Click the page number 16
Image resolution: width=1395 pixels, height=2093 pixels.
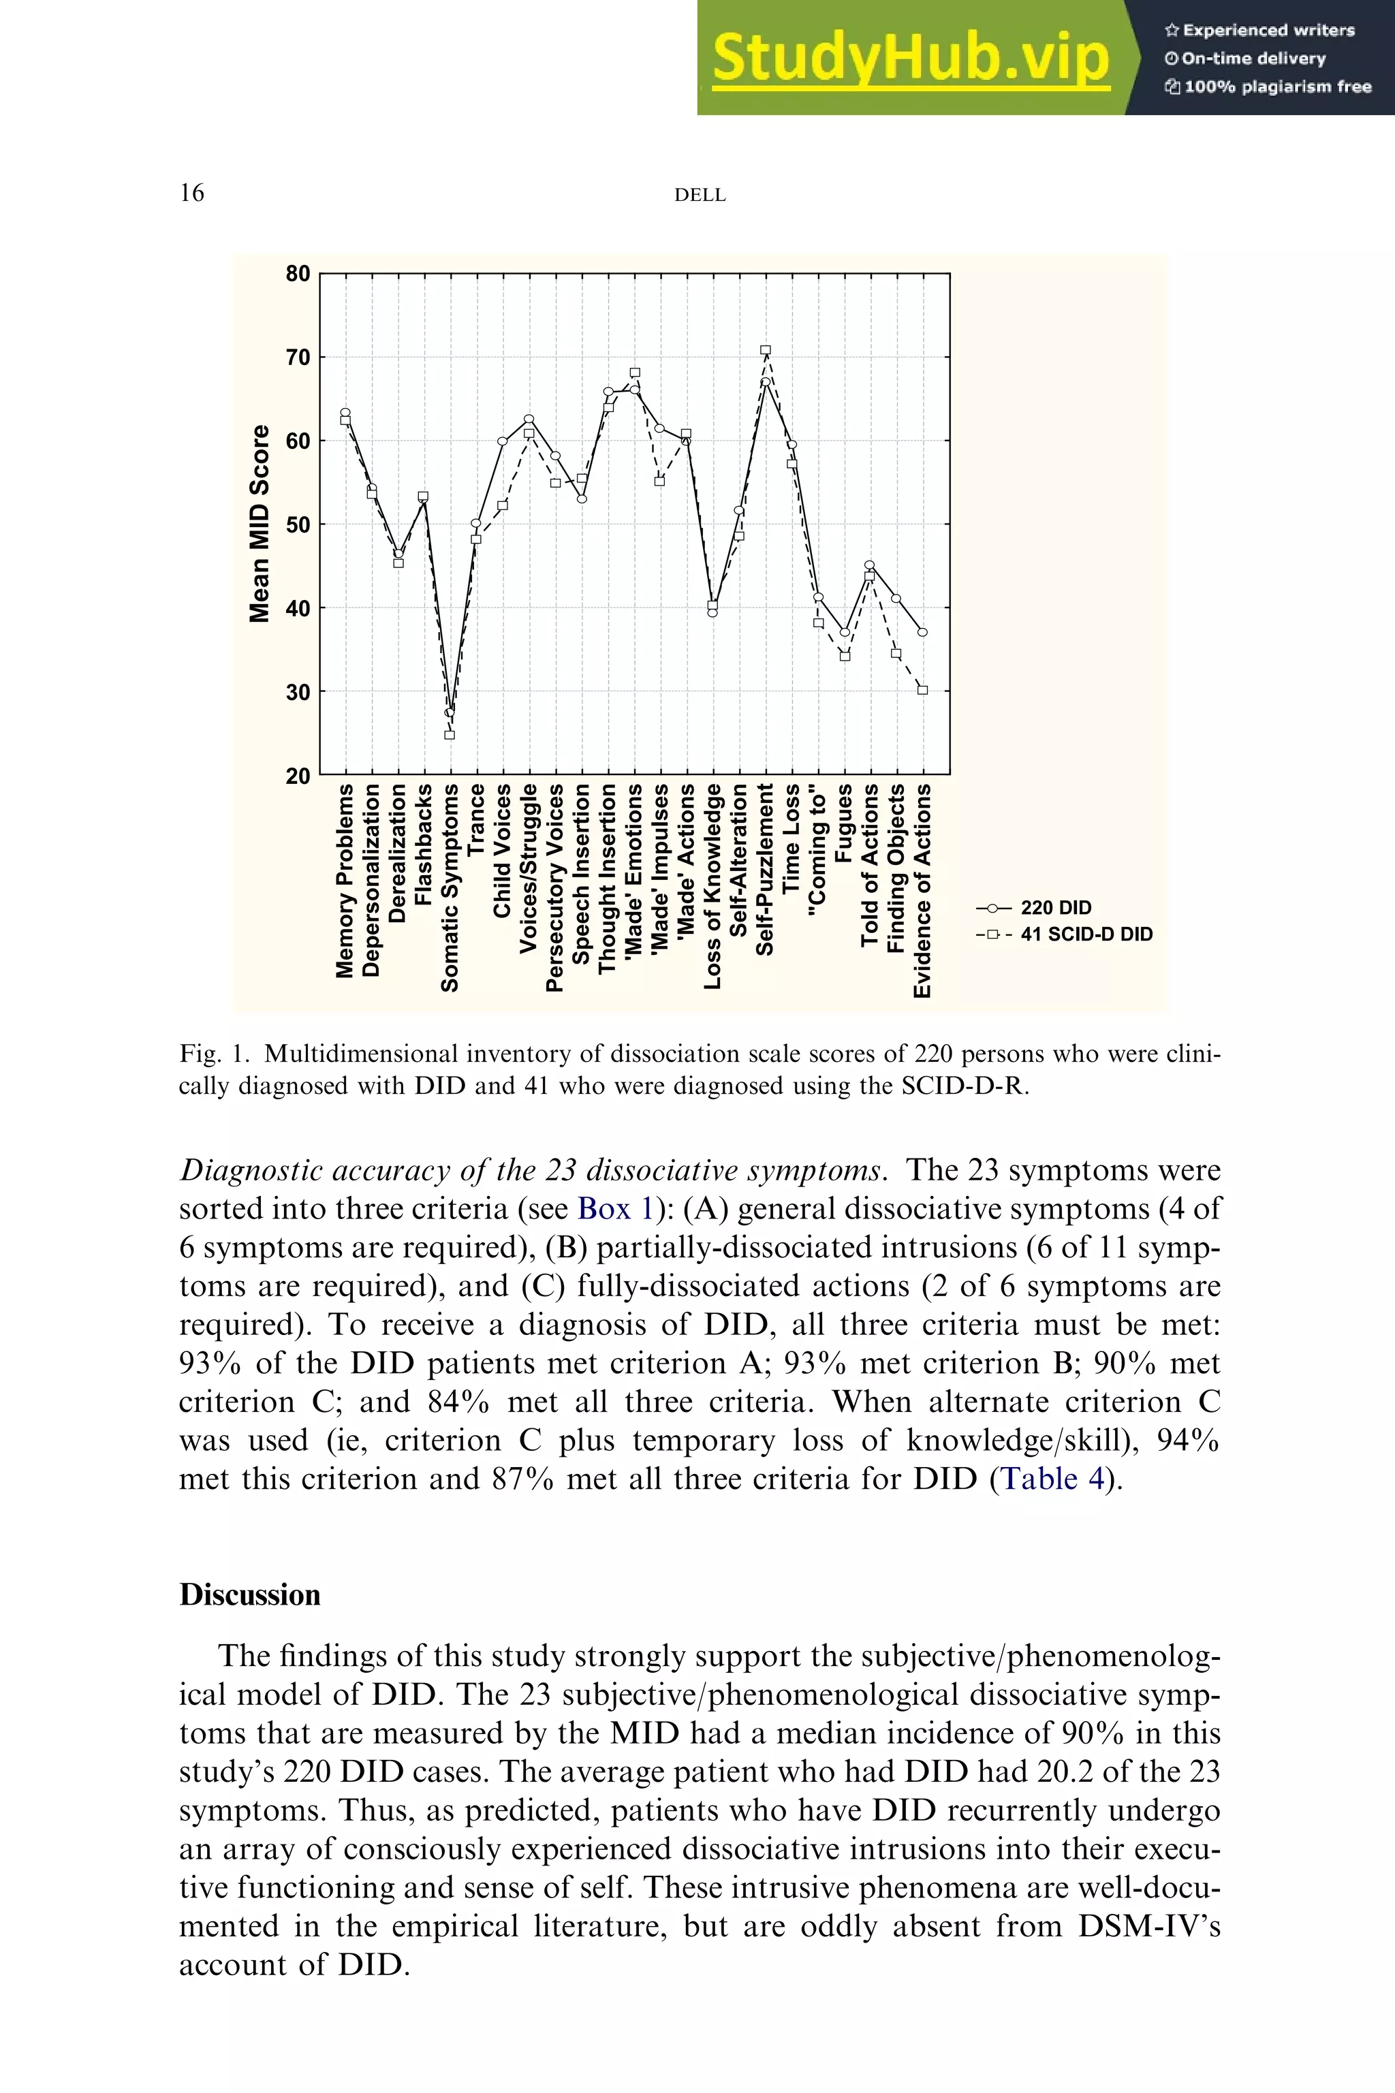(x=192, y=193)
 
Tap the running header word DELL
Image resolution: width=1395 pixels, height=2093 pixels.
(x=700, y=195)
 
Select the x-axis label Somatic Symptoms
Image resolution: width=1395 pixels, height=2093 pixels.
(x=451, y=887)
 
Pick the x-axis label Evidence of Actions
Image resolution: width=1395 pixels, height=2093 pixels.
(x=924, y=890)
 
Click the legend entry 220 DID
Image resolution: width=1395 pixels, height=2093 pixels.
(x=1055, y=907)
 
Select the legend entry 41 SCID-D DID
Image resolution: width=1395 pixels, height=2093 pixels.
(x=1085, y=934)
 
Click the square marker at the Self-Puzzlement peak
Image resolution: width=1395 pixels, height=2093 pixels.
(x=765, y=351)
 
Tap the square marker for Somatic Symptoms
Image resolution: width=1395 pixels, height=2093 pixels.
(x=450, y=735)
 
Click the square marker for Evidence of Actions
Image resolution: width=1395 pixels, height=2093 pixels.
(x=922, y=690)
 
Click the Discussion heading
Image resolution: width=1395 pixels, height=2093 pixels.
(x=250, y=1595)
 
